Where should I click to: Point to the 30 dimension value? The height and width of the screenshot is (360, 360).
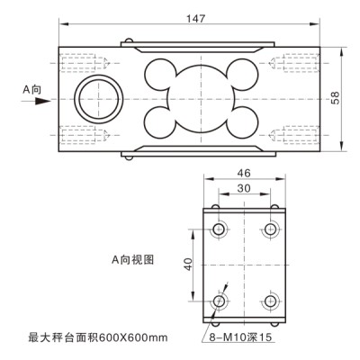242,190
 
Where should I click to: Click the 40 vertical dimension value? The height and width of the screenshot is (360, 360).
188,265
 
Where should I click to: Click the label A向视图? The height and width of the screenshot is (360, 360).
131,258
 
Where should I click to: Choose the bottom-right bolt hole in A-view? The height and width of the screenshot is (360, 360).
267,301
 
